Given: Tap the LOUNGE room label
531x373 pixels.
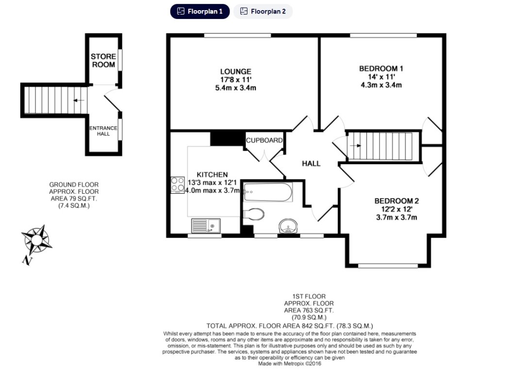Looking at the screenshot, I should click(x=235, y=71).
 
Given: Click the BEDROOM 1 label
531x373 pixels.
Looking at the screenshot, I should click(x=381, y=68).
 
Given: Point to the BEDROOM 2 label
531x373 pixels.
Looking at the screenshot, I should click(x=397, y=201).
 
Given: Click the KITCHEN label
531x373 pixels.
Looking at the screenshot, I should click(x=212, y=174).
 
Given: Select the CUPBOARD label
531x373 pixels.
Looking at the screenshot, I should click(x=265, y=140).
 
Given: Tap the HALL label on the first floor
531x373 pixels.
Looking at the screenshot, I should click(x=311, y=164).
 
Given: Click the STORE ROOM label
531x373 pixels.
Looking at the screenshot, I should click(x=103, y=61).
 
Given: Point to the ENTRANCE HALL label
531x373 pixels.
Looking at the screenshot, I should click(x=103, y=131).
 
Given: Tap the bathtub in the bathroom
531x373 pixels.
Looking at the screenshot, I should click(x=268, y=192).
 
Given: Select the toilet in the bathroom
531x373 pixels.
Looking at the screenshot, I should click(x=253, y=214).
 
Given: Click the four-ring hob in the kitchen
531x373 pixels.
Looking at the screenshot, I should click(x=177, y=184).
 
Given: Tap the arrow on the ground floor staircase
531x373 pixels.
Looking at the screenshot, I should click(x=78, y=101).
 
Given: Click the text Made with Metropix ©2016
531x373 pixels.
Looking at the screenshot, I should click(x=289, y=363).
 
